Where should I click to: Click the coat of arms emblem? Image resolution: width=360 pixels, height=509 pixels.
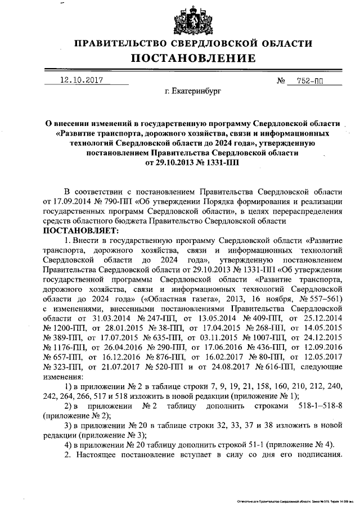point(193,19)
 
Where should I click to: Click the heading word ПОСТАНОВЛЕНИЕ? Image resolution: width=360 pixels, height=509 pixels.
point(193,58)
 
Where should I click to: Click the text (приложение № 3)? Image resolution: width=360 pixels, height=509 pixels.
point(113,435)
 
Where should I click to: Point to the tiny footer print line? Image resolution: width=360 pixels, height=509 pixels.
point(291,499)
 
